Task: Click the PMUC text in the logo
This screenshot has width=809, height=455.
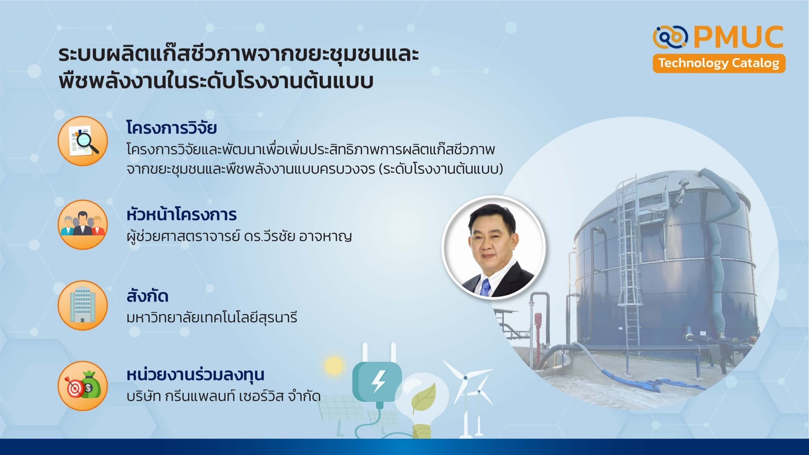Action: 738,37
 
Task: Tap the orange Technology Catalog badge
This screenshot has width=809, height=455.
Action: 719,63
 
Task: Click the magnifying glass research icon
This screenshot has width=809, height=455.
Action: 83,141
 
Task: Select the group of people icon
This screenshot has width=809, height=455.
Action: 83,224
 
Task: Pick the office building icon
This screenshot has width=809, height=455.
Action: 83,305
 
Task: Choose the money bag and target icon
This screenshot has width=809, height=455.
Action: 83,386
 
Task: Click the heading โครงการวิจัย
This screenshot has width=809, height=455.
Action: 172,127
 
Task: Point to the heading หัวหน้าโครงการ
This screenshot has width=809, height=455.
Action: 181,215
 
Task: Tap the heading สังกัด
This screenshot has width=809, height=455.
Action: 147,296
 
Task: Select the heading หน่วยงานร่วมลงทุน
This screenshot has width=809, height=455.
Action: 195,374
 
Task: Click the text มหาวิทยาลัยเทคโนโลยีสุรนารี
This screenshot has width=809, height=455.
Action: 212,318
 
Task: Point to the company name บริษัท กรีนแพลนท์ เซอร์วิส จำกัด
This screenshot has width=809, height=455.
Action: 223,396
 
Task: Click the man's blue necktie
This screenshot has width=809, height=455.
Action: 486,288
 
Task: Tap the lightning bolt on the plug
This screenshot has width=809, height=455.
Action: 378,382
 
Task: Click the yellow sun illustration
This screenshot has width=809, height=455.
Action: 334,365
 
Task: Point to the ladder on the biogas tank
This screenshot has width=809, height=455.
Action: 630,264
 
